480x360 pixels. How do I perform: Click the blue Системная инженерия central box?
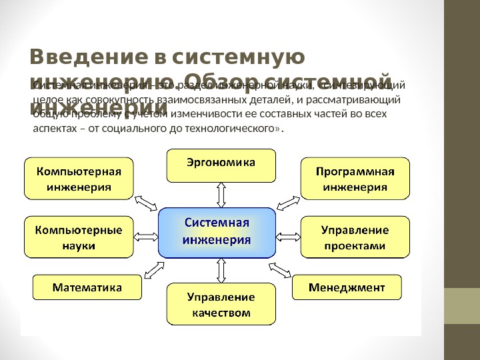click(217, 233)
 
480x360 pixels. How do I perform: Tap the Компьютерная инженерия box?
click(78, 178)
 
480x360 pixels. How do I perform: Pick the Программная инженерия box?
click(355, 178)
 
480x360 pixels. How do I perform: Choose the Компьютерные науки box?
click(78, 237)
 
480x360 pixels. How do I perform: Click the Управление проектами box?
click(355, 237)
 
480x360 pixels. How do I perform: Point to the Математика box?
click(87, 288)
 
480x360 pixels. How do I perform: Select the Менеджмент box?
click(347, 287)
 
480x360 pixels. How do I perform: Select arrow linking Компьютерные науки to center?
click(146, 235)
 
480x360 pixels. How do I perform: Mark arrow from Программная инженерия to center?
click(288, 201)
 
